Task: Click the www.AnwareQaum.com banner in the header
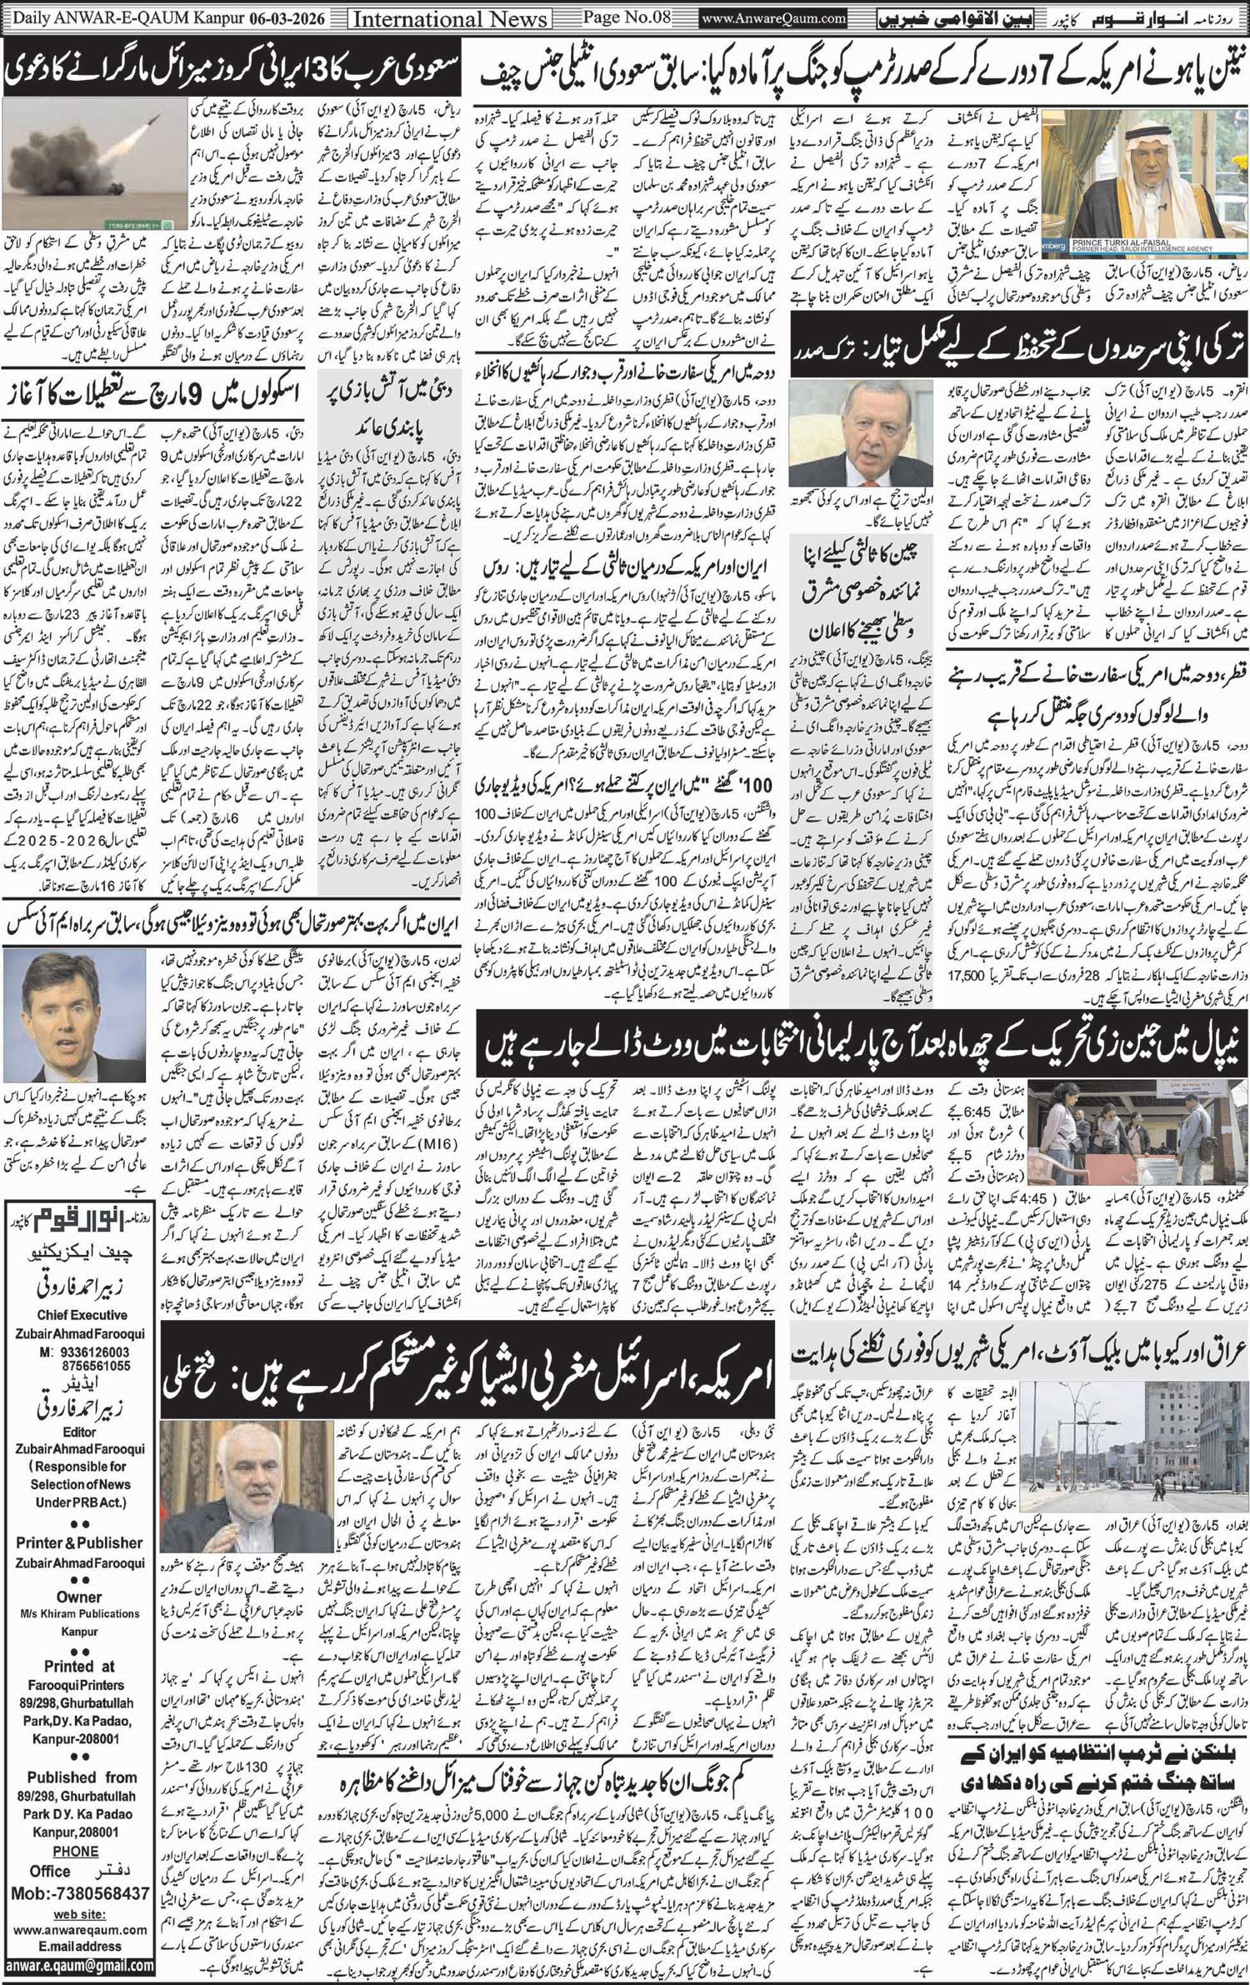774,17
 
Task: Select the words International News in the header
451,18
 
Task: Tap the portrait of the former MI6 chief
75,1015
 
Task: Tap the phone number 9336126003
95,1352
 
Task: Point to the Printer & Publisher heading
80,1542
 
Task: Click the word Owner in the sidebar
80,1597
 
